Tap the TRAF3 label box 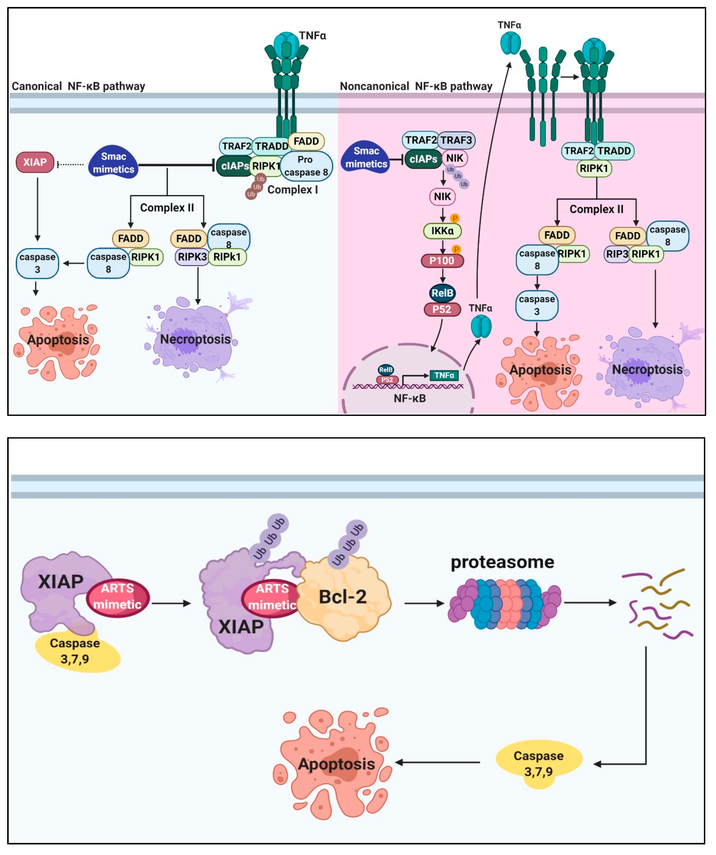click(x=456, y=140)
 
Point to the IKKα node click(x=442, y=231)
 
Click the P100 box click(x=442, y=261)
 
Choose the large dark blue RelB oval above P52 click(x=442, y=293)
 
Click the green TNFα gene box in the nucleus click(x=444, y=375)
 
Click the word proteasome click(x=502, y=562)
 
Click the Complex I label click(x=292, y=190)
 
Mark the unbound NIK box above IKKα click(x=442, y=197)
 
